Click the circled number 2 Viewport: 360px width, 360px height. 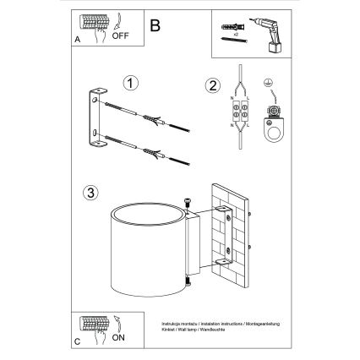tap(212, 84)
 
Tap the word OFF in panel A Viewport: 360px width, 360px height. tap(120, 35)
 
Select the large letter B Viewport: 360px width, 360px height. tap(154, 25)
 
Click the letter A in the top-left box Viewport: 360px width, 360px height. tap(79, 39)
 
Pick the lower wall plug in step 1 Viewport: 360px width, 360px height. tap(153, 153)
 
